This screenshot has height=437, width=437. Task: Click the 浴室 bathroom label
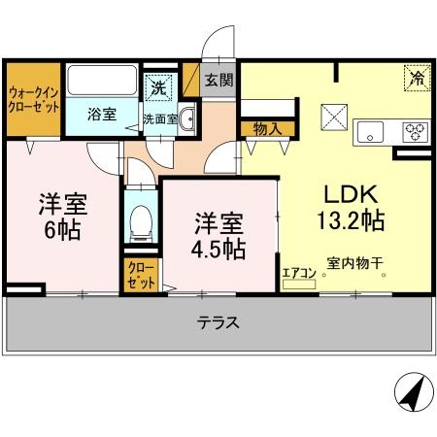[101, 114]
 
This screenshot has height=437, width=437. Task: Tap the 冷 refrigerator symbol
[416, 76]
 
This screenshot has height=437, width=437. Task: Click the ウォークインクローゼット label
[32, 99]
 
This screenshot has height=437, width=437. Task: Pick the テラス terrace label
[218, 322]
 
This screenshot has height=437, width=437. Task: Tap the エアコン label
[297, 274]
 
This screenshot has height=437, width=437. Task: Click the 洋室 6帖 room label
[63, 218]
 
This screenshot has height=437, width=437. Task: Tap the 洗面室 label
[159, 118]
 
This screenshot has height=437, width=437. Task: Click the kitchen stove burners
[416, 132]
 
